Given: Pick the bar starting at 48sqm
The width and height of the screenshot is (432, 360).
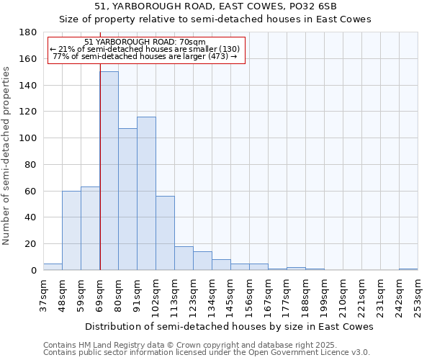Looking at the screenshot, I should [71, 230].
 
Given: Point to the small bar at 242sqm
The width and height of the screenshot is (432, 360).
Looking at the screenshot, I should [408, 269].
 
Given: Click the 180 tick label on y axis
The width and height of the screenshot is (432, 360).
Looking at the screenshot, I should [28, 32].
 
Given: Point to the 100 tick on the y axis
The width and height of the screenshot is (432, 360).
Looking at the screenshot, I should [28, 138].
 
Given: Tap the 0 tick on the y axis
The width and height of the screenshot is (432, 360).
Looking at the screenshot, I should [33, 271].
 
